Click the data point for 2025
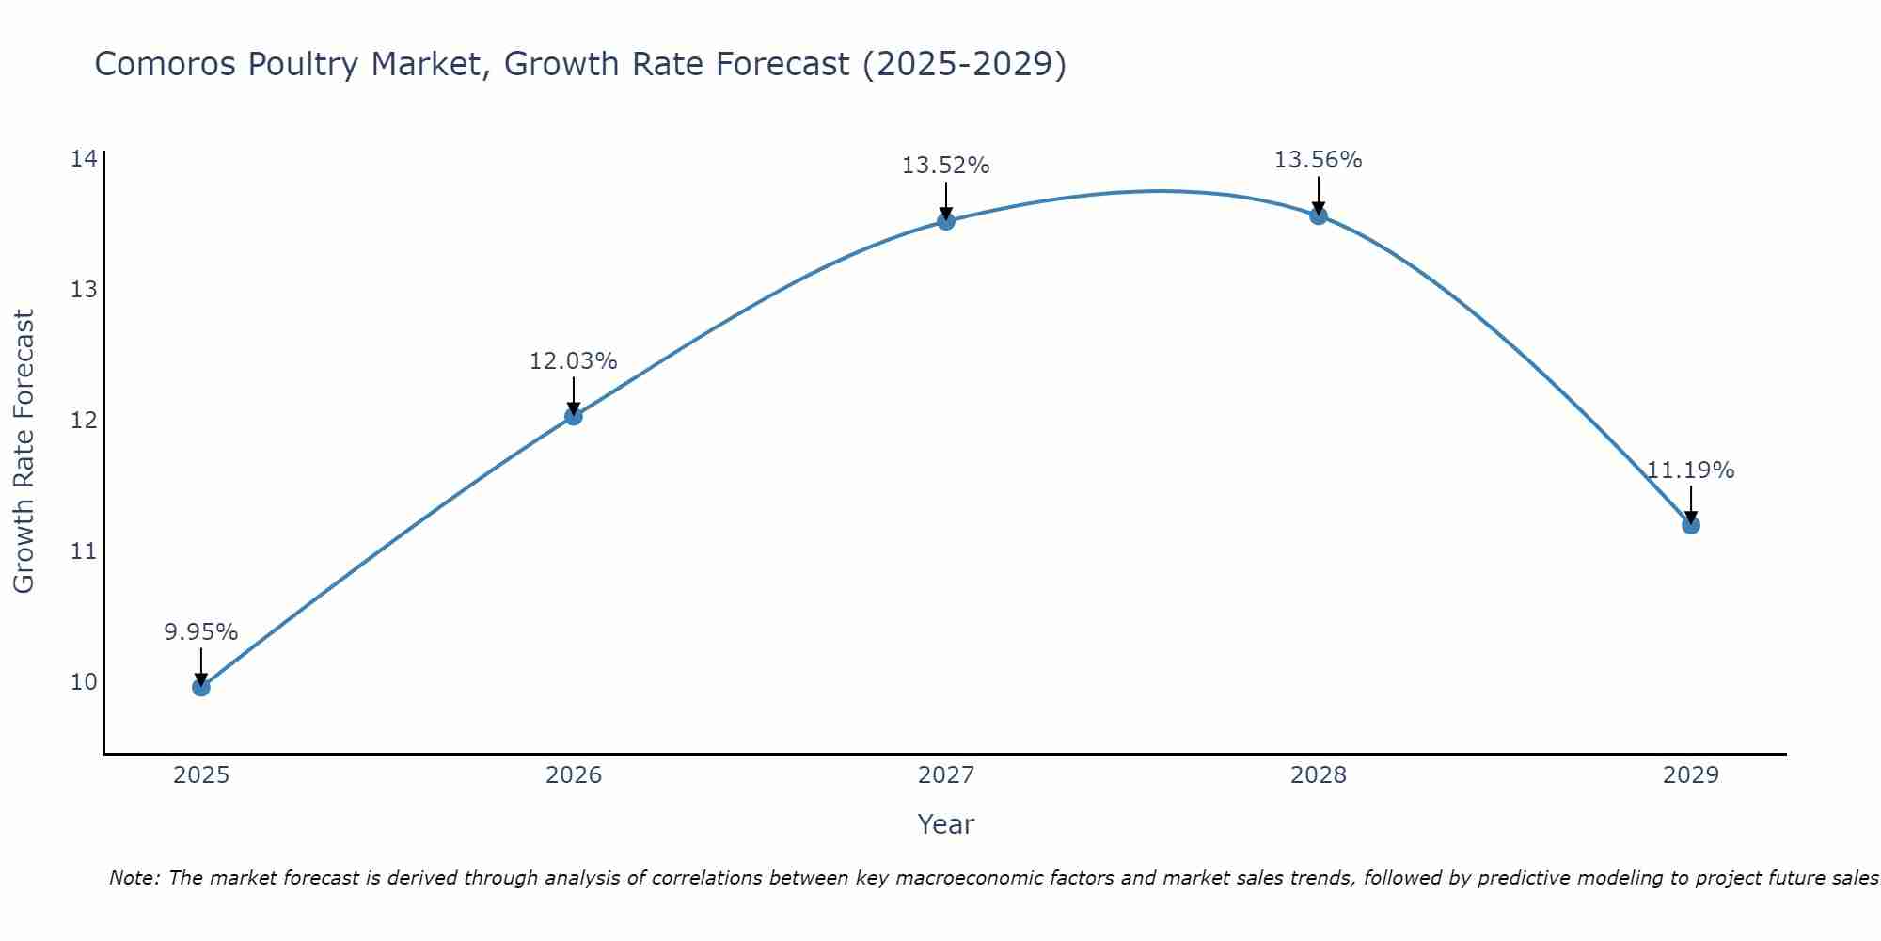201,687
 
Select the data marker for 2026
574,416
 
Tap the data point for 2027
946,221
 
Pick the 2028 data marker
1319,215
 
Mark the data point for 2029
1691,525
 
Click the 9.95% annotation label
201,632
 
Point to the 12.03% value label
574,361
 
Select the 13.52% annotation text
946,167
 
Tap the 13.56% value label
1319,161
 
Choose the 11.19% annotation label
1691,470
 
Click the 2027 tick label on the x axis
946,775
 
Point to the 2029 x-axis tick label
1691,775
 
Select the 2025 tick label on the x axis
201,775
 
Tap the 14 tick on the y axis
84,158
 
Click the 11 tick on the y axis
84,550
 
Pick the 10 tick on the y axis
84,681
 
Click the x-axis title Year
946,824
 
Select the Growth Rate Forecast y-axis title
24,452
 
